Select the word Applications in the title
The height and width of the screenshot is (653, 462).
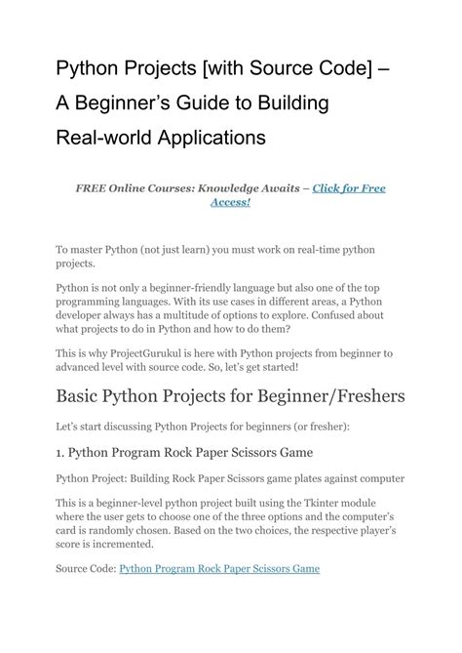click(205, 138)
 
